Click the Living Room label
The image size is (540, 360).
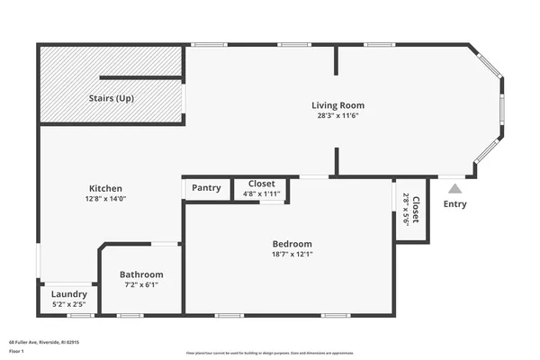[338, 105]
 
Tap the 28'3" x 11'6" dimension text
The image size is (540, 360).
[338, 116]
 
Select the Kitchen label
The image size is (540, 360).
[104, 188]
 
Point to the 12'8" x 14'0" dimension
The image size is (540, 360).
[104, 199]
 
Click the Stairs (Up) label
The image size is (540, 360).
[112, 98]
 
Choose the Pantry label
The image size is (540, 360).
[206, 188]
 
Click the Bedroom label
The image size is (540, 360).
[292, 244]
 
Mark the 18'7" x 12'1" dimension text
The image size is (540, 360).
[292, 254]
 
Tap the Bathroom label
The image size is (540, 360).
[142, 274]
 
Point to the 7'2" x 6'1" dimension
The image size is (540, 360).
[142, 285]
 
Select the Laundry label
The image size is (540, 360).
[69, 294]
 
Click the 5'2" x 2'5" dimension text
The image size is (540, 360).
[69, 304]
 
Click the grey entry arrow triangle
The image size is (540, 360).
[455, 188]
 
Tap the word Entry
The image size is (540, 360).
[455, 204]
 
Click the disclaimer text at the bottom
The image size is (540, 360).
[270, 352]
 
